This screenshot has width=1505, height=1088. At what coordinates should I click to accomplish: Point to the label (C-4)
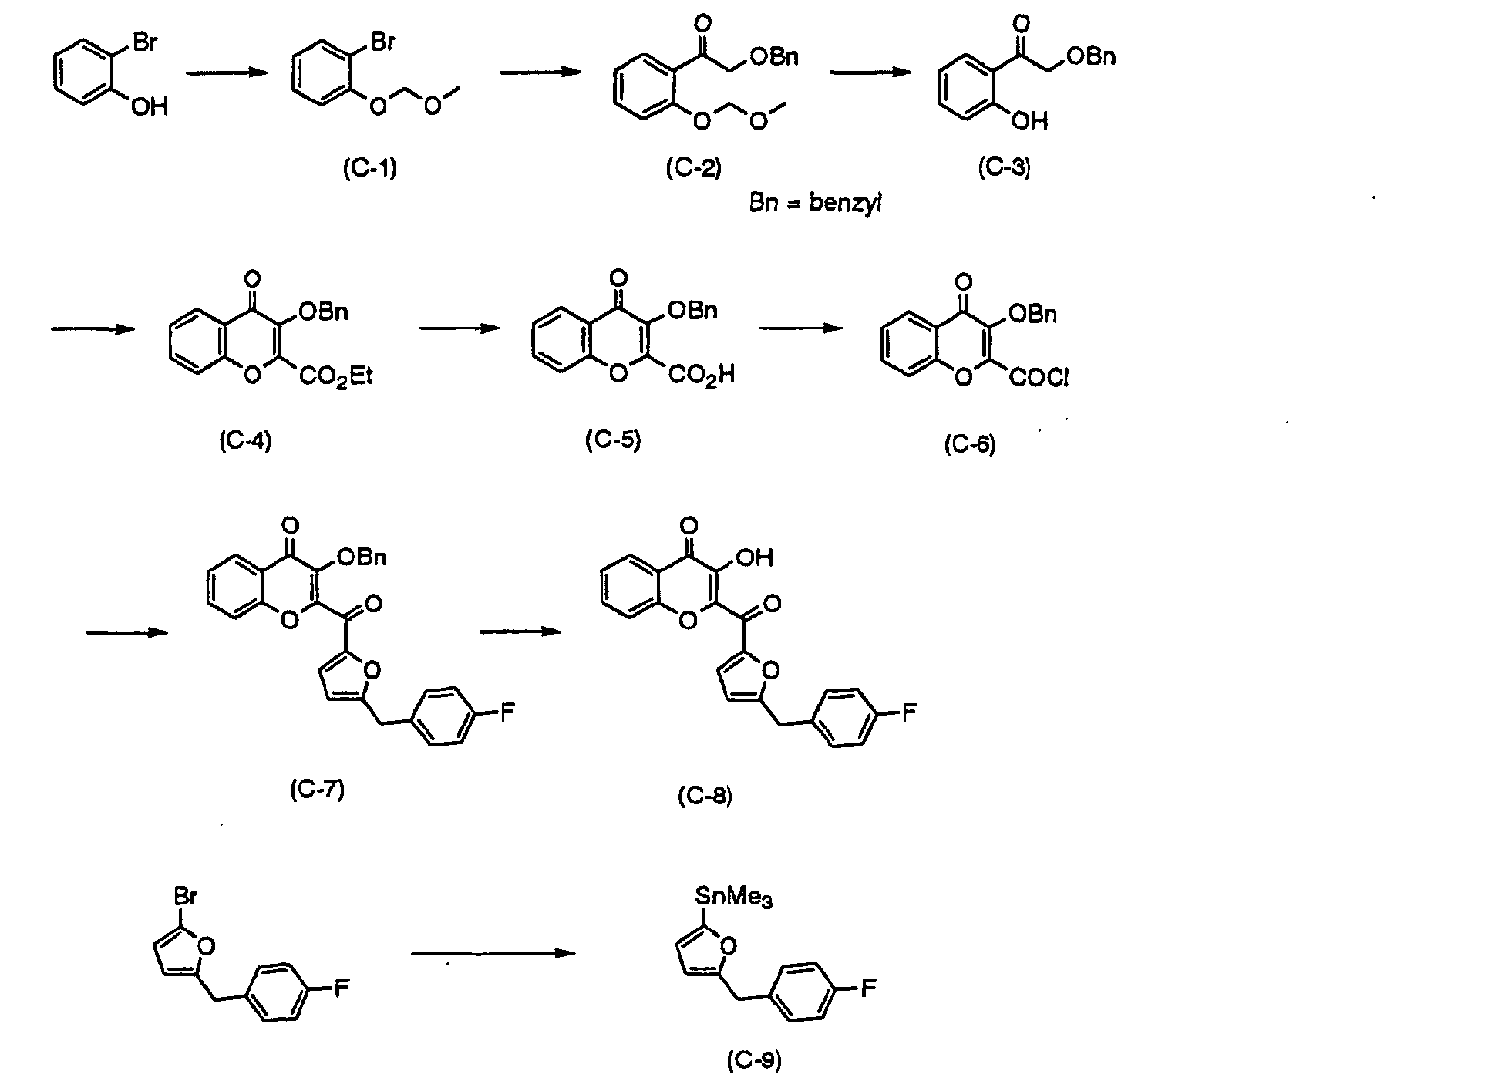(x=245, y=441)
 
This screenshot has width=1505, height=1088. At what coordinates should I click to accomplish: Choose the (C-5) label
(x=613, y=440)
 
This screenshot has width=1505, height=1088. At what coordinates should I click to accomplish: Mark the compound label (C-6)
(x=970, y=444)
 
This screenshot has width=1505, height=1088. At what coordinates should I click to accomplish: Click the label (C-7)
(x=317, y=790)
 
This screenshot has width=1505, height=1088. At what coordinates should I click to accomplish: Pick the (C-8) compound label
(x=705, y=795)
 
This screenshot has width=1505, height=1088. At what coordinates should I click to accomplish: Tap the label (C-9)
(x=754, y=1062)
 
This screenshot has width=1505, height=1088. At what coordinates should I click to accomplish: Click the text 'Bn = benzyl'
(x=816, y=205)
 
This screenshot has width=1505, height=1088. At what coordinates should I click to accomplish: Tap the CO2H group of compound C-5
(x=702, y=376)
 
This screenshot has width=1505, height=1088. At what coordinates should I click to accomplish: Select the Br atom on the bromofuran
(x=185, y=896)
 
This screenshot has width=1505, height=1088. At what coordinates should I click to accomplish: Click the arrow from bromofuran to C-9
(x=493, y=953)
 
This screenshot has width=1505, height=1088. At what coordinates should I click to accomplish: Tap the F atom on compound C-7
(x=507, y=712)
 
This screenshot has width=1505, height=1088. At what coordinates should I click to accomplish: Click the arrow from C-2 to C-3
(x=870, y=72)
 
